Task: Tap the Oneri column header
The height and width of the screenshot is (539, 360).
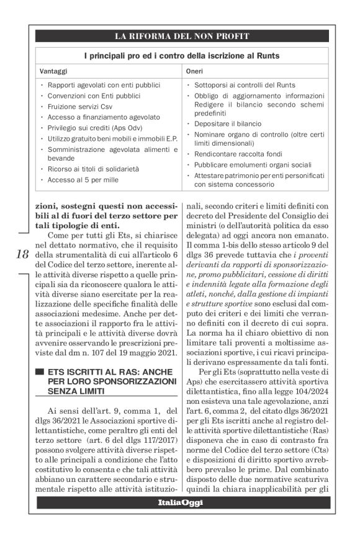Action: coord(195,71)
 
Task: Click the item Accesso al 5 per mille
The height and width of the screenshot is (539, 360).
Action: coord(84,180)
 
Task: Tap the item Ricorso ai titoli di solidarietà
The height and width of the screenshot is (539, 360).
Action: coord(94,169)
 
